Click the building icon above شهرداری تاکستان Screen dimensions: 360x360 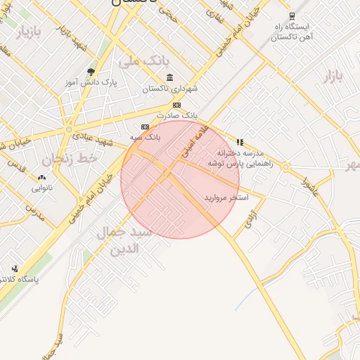click(169, 78)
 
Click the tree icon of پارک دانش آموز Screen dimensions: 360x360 click(90, 72)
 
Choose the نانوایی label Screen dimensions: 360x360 click(41, 188)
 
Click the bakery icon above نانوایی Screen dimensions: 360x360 click(41, 177)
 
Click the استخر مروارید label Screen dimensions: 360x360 click(226, 198)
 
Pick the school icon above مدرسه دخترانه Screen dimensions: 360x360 click(240, 141)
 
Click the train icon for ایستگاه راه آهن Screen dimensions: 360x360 click(292, 15)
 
